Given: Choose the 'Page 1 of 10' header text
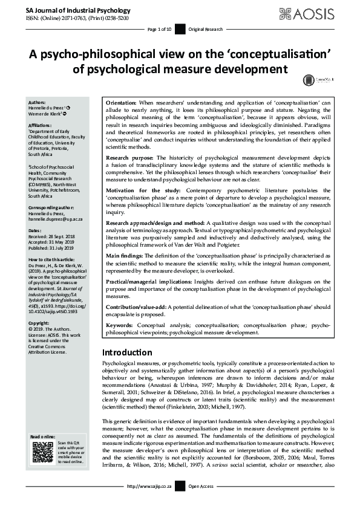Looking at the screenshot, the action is [160, 29].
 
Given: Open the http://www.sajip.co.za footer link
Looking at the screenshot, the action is [151, 486].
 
